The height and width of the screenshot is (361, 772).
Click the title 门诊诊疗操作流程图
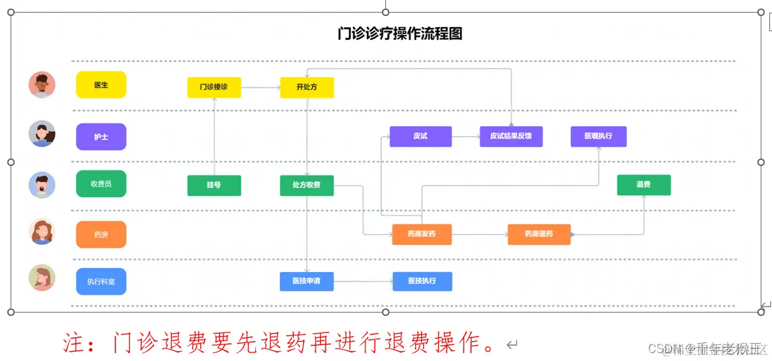click(x=399, y=34)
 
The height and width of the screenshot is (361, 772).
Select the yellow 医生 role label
click(x=101, y=85)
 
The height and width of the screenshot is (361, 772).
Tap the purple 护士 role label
click(x=101, y=137)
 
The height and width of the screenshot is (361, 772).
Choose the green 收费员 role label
click(x=101, y=184)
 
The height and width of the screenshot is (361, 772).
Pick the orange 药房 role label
click(x=101, y=234)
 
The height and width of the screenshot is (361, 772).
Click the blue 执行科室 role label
click(x=101, y=281)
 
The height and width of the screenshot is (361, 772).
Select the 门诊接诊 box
click(x=214, y=88)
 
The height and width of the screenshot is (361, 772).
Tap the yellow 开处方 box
click(x=306, y=88)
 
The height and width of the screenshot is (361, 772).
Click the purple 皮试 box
click(x=420, y=136)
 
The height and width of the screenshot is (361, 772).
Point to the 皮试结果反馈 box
click(x=511, y=136)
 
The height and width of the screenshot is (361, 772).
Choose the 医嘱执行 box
click(x=598, y=136)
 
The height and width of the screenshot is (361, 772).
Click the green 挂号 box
click(x=214, y=185)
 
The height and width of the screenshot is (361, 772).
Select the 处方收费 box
click(x=306, y=185)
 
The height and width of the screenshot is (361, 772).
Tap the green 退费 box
click(x=643, y=184)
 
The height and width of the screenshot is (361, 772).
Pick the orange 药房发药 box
click(x=422, y=234)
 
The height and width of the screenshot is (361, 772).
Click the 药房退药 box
click(x=539, y=234)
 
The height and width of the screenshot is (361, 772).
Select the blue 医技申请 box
click(x=306, y=281)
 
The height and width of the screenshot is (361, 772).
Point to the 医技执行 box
click(x=422, y=281)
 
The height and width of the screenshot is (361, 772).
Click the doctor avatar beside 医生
click(x=42, y=85)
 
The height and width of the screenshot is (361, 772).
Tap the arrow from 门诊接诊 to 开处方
click(x=260, y=88)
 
